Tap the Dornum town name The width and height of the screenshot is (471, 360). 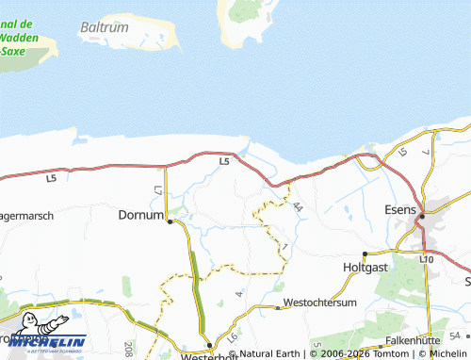coord(140,215)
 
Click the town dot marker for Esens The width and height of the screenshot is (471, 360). coord(422,217)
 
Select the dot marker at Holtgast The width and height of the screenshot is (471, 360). coord(365,254)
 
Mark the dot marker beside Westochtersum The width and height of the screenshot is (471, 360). coord(278,307)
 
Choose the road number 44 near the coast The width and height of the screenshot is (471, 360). coord(297,205)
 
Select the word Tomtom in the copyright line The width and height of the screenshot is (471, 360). coord(384,353)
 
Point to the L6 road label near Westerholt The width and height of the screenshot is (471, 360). coord(232,336)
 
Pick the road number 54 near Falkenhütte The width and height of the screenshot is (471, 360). coord(455,335)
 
